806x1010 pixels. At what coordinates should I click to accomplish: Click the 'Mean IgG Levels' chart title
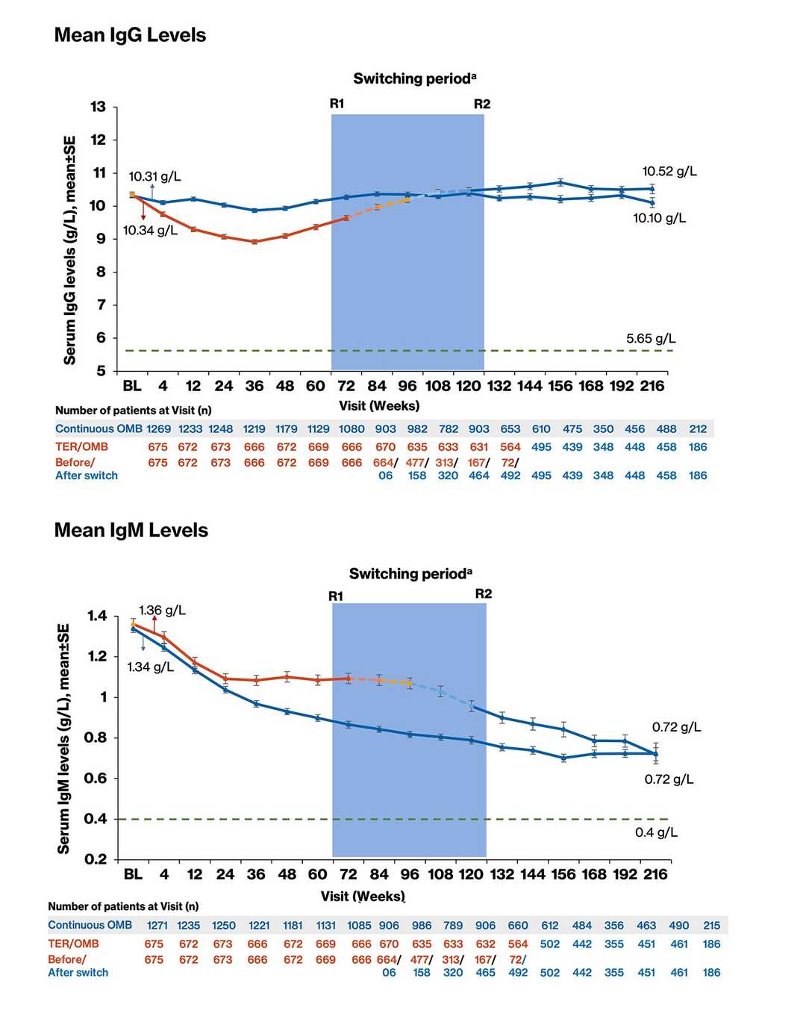[130, 35]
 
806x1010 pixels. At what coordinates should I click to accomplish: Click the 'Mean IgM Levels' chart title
[131, 530]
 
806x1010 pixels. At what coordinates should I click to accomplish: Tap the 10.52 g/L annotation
[669, 172]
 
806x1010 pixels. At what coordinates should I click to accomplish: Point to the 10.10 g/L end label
[659, 218]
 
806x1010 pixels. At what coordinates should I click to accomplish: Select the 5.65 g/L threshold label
[651, 338]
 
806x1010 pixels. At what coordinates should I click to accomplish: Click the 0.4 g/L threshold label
[656, 832]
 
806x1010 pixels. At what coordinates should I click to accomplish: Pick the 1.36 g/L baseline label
[163, 611]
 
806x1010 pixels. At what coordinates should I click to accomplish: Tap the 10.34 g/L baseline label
[150, 231]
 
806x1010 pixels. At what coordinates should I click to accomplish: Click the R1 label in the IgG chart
[337, 104]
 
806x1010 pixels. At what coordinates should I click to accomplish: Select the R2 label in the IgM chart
[484, 594]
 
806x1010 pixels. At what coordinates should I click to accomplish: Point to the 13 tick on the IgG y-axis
[98, 107]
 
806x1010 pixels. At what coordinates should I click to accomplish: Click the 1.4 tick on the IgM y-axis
[97, 616]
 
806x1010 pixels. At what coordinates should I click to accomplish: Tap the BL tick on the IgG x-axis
[132, 386]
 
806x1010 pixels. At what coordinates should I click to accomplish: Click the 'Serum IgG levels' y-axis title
[70, 250]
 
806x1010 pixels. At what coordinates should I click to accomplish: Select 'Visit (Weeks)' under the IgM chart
[363, 896]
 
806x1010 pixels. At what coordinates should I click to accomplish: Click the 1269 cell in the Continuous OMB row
[158, 429]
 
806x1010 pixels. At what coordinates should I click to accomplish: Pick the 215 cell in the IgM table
[711, 926]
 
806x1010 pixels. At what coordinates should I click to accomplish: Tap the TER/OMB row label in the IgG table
[81, 446]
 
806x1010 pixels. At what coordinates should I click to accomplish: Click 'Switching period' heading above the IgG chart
[414, 79]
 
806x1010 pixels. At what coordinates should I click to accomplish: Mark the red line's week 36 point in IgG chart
[254, 242]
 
